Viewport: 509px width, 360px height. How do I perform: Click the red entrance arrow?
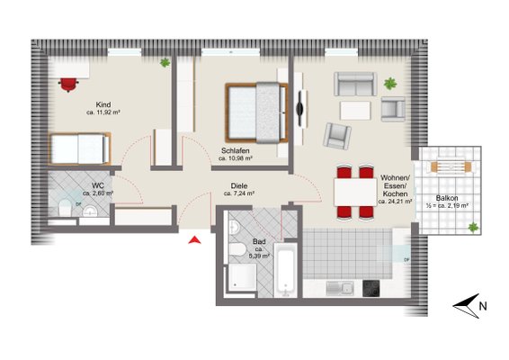[194, 240]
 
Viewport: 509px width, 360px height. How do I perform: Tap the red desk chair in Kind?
[68, 85]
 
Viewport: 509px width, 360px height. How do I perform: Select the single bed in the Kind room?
[80, 148]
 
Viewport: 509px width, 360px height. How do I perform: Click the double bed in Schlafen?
[256, 112]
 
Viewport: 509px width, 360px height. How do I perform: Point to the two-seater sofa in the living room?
[355, 85]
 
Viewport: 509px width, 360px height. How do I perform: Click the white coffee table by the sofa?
[355, 111]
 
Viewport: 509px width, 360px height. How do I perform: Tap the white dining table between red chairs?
[355, 192]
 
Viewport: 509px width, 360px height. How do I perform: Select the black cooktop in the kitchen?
[371, 288]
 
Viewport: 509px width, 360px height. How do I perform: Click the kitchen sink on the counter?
[340, 288]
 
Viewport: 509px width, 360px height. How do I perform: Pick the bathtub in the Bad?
[285, 269]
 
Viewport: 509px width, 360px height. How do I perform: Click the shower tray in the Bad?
[242, 277]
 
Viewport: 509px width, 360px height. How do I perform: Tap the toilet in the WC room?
[65, 208]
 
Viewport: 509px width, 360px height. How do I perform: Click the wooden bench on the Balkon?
[451, 167]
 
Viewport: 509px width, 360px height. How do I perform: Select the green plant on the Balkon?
[473, 228]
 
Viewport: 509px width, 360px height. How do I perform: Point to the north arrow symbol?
[466, 306]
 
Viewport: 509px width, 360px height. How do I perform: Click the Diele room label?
[239, 185]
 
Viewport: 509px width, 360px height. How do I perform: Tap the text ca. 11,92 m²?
[103, 112]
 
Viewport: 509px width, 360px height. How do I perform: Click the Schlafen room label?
[236, 151]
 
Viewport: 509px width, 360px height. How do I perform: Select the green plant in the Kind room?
[165, 62]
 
